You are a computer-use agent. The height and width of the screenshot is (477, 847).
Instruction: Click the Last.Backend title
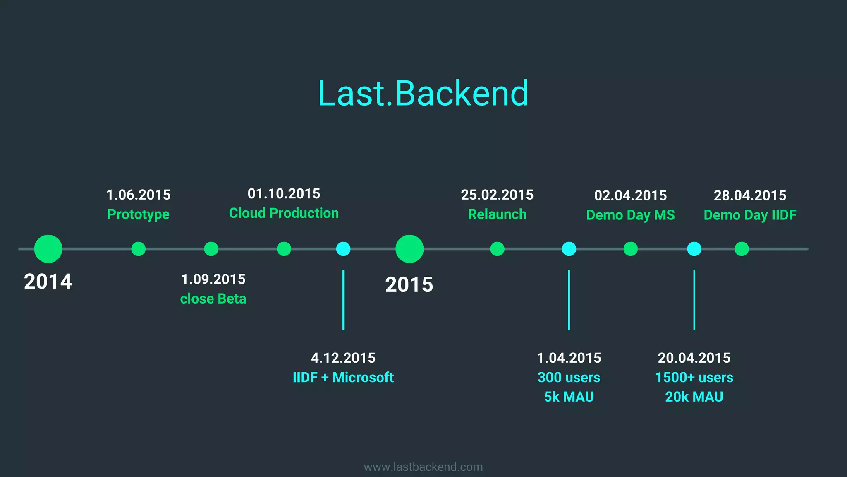423,94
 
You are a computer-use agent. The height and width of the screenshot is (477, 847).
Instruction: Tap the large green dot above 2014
48,249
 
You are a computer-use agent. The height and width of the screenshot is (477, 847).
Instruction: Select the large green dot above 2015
409,249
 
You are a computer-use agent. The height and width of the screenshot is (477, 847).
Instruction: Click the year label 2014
48,282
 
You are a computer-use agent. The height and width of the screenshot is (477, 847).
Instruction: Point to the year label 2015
409,285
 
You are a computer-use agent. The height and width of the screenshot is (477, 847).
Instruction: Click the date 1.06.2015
139,195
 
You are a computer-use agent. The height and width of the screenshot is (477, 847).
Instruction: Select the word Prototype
139,214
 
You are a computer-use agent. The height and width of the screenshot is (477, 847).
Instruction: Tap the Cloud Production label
284,213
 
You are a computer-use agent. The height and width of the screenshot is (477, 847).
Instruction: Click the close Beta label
213,299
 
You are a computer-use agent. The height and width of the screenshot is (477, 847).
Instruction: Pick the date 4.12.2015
343,358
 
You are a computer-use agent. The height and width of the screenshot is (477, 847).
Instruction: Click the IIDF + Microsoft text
343,377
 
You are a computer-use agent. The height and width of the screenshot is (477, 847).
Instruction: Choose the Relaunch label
497,214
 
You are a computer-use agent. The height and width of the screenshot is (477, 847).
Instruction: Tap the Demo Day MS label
630,215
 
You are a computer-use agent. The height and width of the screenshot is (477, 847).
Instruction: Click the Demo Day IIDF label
750,215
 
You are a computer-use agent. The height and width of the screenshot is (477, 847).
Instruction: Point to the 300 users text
569,377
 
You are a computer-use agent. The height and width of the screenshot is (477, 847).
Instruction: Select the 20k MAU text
694,397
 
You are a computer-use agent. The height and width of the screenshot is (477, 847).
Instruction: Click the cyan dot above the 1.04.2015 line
569,249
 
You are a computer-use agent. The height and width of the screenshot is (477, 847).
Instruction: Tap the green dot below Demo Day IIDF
742,249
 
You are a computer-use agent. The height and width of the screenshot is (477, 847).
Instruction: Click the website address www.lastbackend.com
423,467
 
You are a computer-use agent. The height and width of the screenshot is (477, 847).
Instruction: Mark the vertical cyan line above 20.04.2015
694,300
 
